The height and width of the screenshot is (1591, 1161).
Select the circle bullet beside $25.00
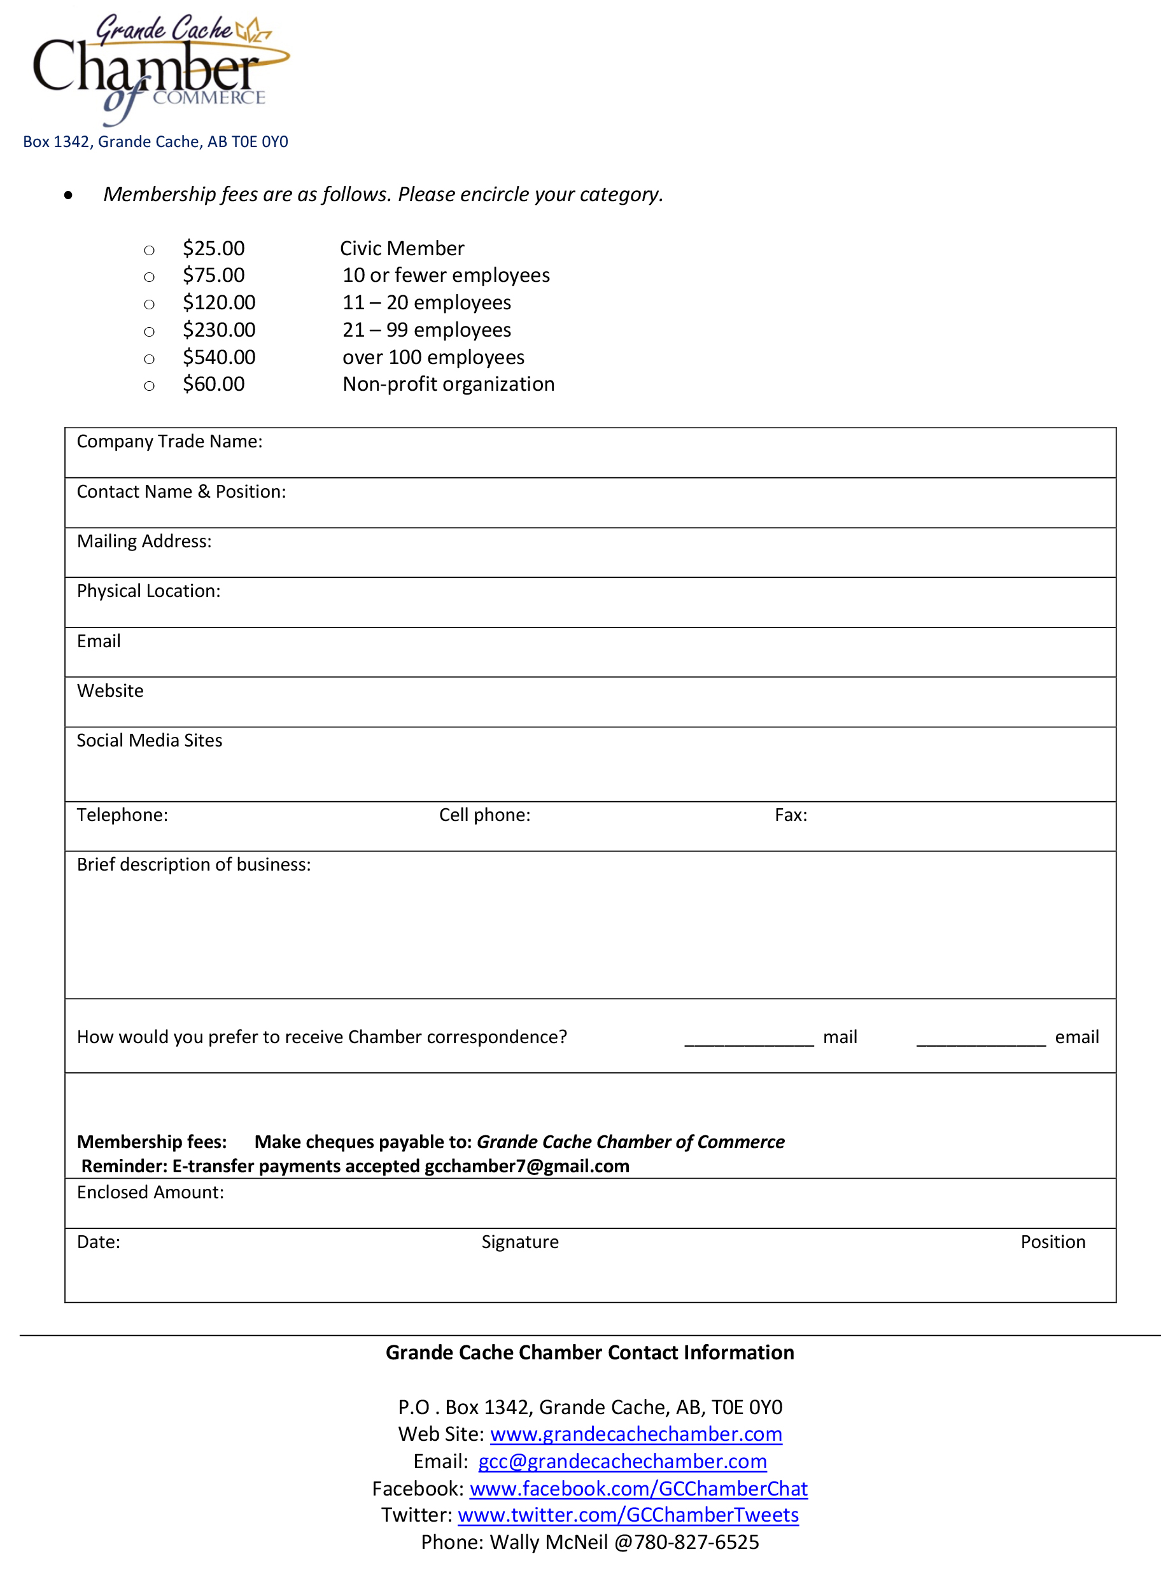click(149, 250)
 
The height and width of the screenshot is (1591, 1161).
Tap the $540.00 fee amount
click(218, 358)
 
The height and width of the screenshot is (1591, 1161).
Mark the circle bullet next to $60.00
click(149, 386)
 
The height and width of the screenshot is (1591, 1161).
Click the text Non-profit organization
click(448, 384)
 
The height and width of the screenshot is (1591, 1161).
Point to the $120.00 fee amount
click(218, 303)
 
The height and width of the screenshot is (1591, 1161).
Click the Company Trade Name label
click(169, 441)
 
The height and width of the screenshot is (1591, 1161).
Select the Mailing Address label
click(144, 541)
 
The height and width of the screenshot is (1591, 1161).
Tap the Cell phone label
click(484, 815)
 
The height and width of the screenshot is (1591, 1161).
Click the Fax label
click(791, 815)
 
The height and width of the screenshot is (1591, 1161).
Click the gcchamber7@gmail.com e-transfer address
click(526, 1167)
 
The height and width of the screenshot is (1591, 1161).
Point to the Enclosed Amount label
click(150, 1193)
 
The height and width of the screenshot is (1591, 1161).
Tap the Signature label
click(520, 1242)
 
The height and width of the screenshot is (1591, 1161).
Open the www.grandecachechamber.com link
click(636, 1434)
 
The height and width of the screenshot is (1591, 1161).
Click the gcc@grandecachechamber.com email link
click(622, 1462)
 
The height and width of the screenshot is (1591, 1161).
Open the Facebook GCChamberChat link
click(638, 1489)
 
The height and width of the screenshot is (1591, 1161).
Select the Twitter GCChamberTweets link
click(628, 1515)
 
